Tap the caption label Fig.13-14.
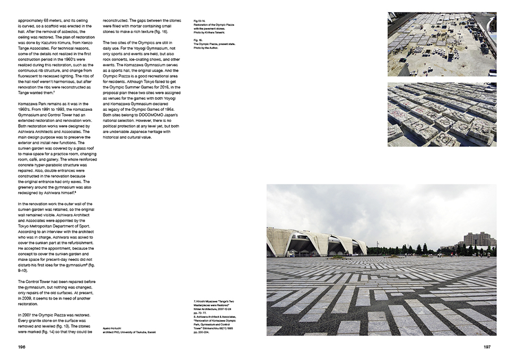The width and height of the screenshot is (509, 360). (200, 21)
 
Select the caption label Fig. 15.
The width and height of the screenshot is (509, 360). (199, 40)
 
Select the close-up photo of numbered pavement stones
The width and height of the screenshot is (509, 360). (442, 114)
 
